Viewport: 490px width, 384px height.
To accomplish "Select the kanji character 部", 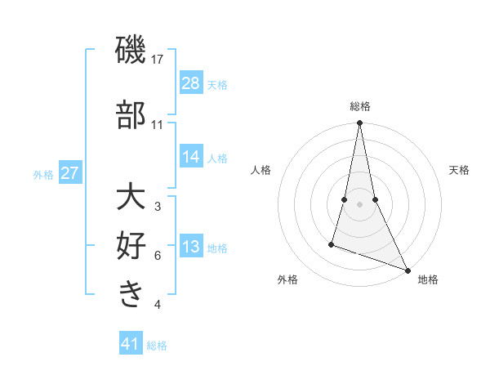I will pos(131,114).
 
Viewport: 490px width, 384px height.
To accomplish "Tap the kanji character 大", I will pos(131,198).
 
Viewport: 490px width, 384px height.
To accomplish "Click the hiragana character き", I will pos(131,292).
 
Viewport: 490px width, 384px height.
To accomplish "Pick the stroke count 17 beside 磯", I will pos(158,60).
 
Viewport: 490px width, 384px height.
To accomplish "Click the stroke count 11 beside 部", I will pos(158,125).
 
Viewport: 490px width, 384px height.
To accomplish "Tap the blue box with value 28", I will pos(191,83).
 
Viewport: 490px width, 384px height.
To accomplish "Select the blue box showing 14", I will pos(191,158).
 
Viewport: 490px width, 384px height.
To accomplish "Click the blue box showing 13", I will pos(191,248).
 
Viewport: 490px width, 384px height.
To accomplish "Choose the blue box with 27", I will pos(70,173).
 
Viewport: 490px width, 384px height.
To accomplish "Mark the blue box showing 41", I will pos(131,344).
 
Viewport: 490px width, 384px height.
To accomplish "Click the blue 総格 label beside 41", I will pos(157,346).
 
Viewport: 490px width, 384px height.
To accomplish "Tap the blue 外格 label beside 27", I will pos(43,174).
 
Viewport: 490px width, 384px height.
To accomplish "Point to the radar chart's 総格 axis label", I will pos(359,106).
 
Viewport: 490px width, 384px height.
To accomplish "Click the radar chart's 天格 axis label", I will pos(459,170).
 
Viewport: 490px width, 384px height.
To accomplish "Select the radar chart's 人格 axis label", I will pos(261,170).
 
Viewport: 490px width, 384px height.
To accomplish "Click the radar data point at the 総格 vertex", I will pos(359,123).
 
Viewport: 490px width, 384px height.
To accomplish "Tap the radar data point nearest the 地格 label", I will pos(407,269).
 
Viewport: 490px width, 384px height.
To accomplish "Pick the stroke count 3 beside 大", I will pos(158,207).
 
